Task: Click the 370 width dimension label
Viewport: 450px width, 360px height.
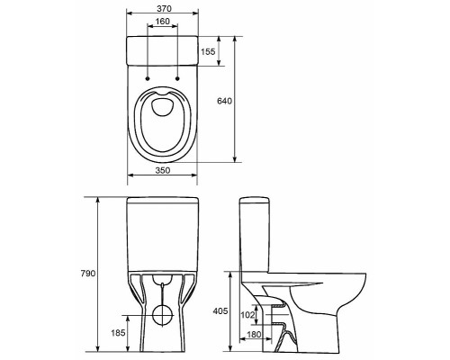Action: pyautogui.click(x=164, y=9)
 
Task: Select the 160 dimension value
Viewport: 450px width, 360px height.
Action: pyautogui.click(x=162, y=22)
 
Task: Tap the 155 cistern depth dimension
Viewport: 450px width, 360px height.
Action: pyautogui.click(x=208, y=52)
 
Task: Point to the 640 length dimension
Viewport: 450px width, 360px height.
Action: pyautogui.click(x=224, y=101)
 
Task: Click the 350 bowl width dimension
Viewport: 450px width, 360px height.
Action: pyautogui.click(x=163, y=170)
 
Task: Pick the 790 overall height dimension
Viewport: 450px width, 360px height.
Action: pyautogui.click(x=88, y=274)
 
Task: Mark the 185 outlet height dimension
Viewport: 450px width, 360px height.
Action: pyautogui.click(x=118, y=333)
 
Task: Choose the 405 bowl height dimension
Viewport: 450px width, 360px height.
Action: pyautogui.click(x=220, y=311)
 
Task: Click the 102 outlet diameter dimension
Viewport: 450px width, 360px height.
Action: pyautogui.click(x=247, y=315)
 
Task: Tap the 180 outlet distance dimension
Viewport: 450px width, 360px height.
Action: pyautogui.click(x=254, y=334)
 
